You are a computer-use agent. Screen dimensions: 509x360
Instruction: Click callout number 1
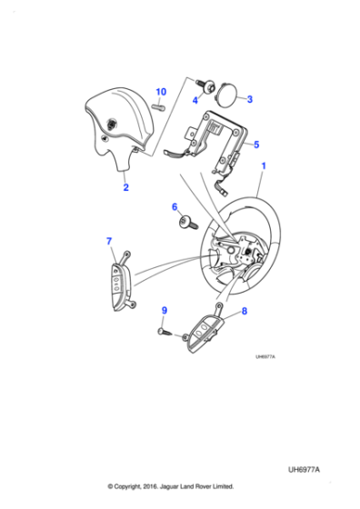tap(265, 166)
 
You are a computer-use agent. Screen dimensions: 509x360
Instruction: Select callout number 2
tap(125, 188)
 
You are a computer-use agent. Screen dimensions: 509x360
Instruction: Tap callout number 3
tap(250, 98)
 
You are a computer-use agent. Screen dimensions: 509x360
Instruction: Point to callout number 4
tap(195, 100)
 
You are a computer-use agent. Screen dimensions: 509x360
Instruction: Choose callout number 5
tap(256, 144)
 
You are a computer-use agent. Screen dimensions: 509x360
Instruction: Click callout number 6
tap(175, 207)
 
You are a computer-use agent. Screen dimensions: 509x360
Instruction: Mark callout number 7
tap(110, 241)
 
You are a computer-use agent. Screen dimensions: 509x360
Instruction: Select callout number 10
tap(161, 92)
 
